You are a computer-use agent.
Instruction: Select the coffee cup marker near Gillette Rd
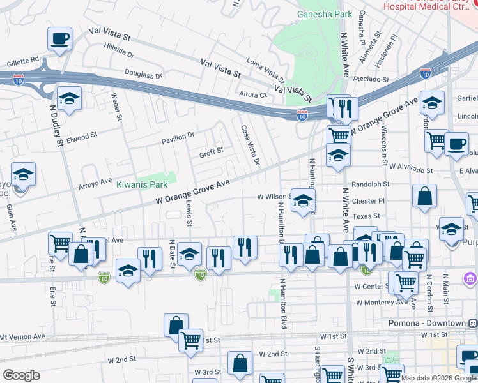pos(59,39)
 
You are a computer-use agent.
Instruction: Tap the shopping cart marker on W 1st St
pos(190,341)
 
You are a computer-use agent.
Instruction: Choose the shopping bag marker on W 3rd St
pos(240,363)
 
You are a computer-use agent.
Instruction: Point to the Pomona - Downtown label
pos(428,323)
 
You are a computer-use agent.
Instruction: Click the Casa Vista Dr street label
pos(250,145)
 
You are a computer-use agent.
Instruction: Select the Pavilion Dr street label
pos(177,137)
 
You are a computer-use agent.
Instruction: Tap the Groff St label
pos(211,152)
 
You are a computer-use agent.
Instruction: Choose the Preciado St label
pos(373,80)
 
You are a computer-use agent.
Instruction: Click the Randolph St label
pos(371,184)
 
